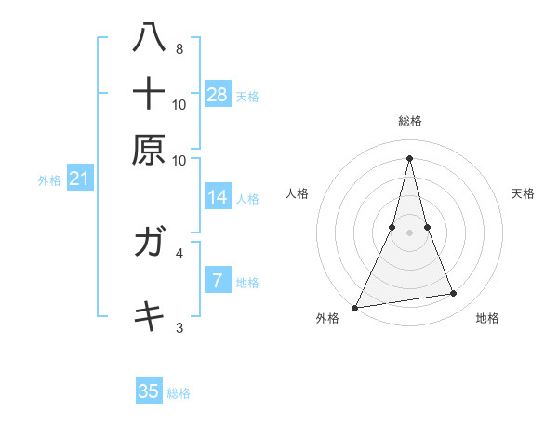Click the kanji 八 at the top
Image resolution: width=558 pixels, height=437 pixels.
[x=149, y=38]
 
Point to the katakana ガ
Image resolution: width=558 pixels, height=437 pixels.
[x=149, y=244]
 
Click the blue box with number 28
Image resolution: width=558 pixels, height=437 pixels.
[x=218, y=94]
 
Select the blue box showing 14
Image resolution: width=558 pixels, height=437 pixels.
[x=218, y=197]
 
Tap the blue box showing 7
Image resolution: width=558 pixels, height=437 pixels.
[x=218, y=280]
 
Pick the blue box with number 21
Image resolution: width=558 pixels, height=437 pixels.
[x=79, y=179]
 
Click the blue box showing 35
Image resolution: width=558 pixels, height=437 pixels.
[x=149, y=391]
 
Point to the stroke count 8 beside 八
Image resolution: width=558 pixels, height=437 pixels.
[x=179, y=48]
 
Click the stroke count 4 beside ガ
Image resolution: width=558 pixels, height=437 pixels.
[x=179, y=252]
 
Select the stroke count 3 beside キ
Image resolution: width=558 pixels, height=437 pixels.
[x=179, y=326]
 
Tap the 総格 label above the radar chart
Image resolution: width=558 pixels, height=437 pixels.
[x=409, y=121]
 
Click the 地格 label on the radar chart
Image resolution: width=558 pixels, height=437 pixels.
[x=487, y=319]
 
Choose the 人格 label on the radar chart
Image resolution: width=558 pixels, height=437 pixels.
[x=298, y=193]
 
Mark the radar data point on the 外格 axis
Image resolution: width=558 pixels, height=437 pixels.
[x=355, y=307]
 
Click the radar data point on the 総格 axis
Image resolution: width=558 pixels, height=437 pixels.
[x=409, y=157]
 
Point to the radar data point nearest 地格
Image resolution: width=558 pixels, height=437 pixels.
[x=453, y=294]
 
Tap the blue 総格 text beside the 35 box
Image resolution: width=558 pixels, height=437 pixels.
[x=179, y=393]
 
